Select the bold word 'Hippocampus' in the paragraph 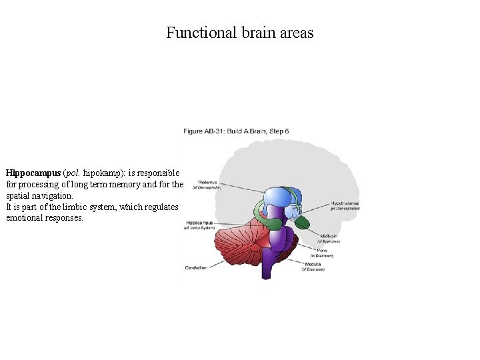[33, 173]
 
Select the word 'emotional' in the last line [26, 218]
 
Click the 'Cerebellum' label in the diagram [197, 267]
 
